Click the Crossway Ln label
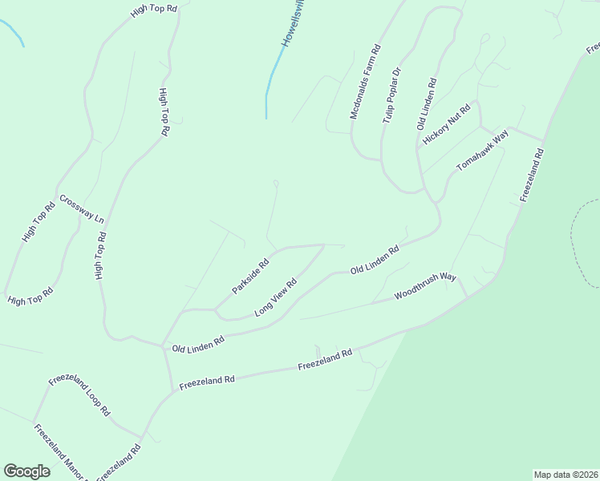[82, 208]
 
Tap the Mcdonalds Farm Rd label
[365, 83]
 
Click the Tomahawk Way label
[483, 149]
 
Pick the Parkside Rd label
[250, 276]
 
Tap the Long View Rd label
[276, 297]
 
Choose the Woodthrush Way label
[425, 286]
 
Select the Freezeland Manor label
[60, 451]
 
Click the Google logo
[26, 471]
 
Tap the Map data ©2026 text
[566, 475]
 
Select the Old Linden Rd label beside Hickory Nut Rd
[426, 104]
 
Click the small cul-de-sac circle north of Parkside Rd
[276, 184]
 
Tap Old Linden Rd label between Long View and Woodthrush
[375, 261]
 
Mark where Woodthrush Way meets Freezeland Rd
[468, 295]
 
